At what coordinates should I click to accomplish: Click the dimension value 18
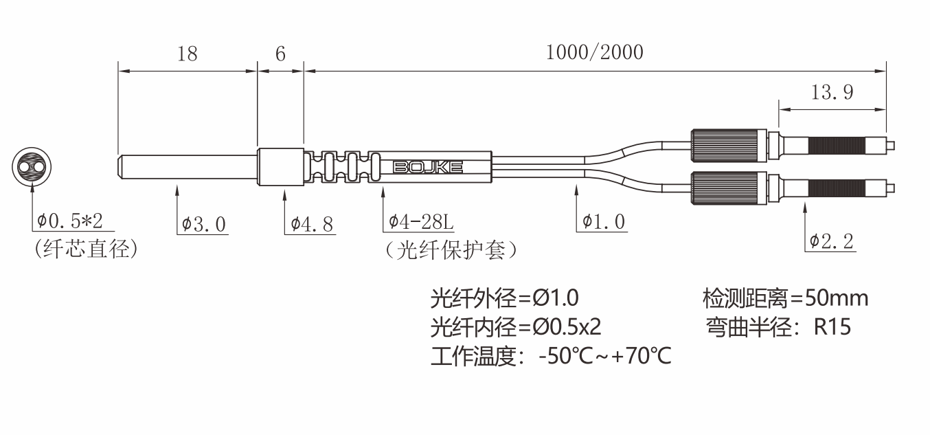coord(188,54)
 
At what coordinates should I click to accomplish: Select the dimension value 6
coord(281,54)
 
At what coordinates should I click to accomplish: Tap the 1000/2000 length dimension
coord(595,52)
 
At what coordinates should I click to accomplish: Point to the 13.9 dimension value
coord(832,92)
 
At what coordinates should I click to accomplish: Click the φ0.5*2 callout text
coord(69,221)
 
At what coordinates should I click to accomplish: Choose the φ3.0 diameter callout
coord(203,224)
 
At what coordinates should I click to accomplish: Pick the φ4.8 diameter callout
coord(312,224)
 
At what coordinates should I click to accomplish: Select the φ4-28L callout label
coord(420,222)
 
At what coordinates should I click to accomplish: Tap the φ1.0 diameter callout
coord(603,222)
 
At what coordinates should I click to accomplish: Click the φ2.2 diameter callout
coord(831,241)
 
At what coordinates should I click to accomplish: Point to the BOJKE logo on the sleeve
coord(428,168)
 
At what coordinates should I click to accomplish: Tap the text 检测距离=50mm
coord(785,298)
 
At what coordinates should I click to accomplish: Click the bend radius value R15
coord(832,327)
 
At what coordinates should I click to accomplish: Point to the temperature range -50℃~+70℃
coord(605,356)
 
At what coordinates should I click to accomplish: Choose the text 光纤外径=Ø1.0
coord(504,298)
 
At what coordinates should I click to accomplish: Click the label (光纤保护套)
coord(451,250)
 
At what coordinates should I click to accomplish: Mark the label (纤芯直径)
coord(87,249)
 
